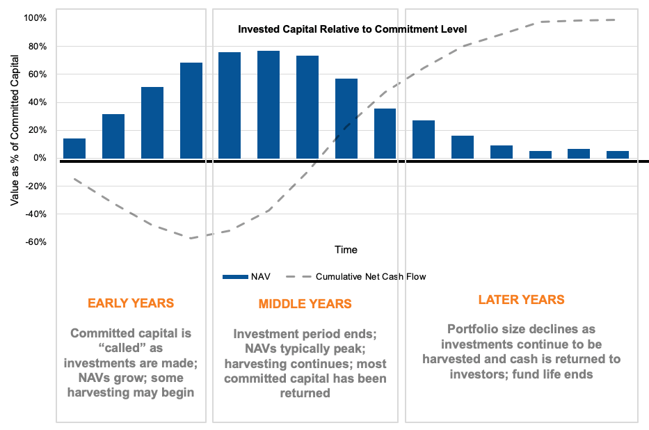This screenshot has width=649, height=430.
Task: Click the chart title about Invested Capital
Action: (x=352, y=29)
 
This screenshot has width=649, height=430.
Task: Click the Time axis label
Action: (x=346, y=250)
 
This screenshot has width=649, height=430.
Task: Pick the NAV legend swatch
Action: (x=235, y=277)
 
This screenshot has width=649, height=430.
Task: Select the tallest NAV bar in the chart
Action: (x=269, y=104)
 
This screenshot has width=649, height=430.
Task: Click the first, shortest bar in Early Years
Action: (x=74, y=148)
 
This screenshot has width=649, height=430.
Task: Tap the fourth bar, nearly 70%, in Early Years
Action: (x=191, y=111)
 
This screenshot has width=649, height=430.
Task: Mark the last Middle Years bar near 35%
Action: (x=385, y=134)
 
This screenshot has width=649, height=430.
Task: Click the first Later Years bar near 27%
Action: (x=424, y=139)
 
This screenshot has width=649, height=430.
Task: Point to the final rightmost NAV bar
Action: (x=618, y=154)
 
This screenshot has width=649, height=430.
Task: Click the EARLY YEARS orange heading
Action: (x=131, y=303)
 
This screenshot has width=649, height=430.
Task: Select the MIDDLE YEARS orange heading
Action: (x=305, y=304)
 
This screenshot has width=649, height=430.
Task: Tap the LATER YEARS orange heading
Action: (x=521, y=300)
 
